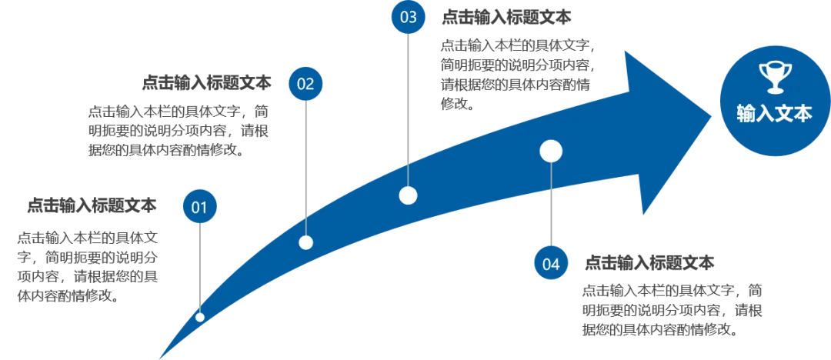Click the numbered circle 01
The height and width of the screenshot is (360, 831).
199,207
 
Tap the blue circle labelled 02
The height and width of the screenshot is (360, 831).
305,84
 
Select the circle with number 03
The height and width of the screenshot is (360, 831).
409,18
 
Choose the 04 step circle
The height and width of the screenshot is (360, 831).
551,264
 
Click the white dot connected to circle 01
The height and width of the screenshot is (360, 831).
200,317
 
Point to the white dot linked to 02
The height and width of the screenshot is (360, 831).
305,242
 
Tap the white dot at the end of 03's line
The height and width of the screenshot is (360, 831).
409,195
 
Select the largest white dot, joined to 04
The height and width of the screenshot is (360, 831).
551,152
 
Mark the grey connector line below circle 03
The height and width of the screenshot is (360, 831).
409,108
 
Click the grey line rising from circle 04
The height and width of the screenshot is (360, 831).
551,208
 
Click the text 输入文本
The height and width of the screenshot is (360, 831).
774,115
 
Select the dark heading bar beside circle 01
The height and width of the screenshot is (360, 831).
92,206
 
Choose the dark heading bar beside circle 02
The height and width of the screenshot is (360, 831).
209,82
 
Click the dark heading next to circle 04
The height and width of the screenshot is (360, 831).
652,264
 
